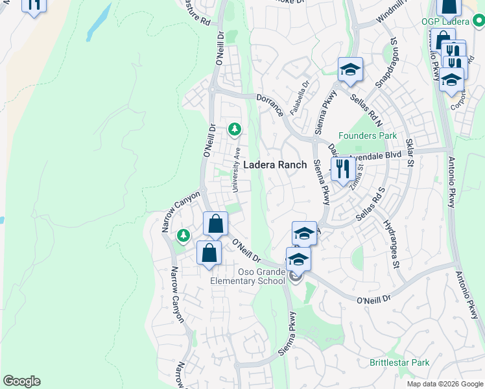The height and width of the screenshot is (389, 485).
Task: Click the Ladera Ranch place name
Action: [x=274, y=165]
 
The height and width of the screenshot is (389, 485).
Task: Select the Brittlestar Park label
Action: [x=400, y=362]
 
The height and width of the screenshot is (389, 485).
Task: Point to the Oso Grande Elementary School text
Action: [x=248, y=277]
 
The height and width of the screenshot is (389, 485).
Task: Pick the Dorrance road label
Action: [x=270, y=104]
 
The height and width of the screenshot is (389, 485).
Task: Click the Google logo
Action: [x=21, y=381]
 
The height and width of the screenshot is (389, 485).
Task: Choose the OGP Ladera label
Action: [x=445, y=21]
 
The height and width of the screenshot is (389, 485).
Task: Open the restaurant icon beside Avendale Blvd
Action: [x=342, y=170]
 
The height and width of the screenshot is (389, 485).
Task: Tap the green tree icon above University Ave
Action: [x=234, y=130]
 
